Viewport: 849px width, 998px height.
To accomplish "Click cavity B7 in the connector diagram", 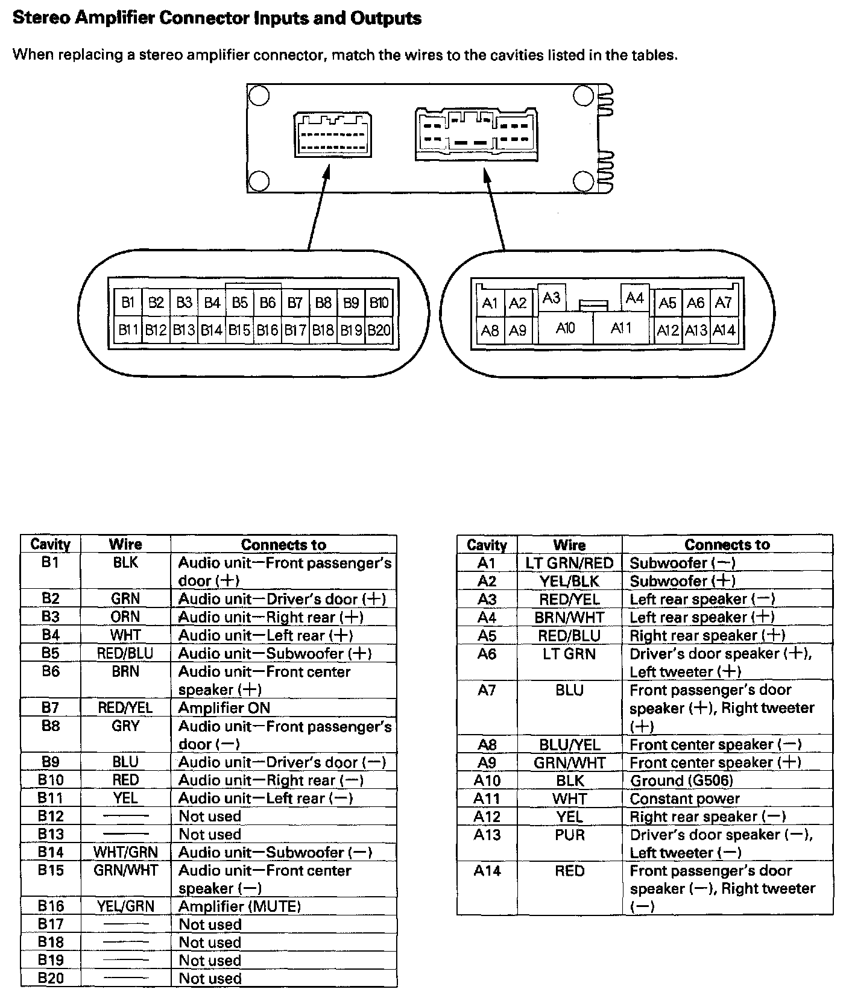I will point(295,303).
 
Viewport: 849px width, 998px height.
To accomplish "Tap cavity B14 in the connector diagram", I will point(212,330).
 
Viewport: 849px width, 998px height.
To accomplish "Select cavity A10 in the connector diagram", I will point(565,328).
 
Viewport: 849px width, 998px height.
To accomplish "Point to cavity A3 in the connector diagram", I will point(551,298).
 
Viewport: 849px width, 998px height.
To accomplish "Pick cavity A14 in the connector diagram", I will point(724,330).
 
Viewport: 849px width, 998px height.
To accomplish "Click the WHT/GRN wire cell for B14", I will point(125,852).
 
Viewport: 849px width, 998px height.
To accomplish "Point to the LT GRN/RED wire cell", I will point(569,563).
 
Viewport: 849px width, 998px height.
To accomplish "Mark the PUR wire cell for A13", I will point(569,835).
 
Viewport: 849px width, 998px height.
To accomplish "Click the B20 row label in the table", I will point(51,978).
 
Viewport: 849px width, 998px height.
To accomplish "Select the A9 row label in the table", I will point(487,762).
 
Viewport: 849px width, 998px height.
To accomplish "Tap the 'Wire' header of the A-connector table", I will point(569,545).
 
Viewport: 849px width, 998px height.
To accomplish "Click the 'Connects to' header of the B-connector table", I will point(283,545).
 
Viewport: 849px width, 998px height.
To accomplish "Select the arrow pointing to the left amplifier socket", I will point(318,205).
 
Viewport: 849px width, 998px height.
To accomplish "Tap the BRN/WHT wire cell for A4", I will point(569,617).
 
